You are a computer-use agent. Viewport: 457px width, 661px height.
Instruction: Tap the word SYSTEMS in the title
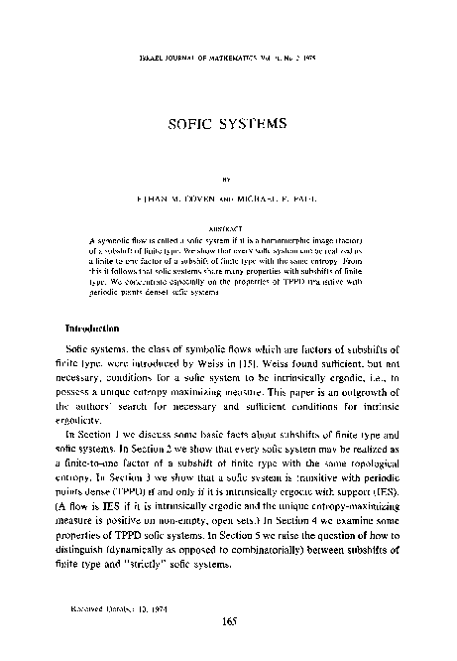(x=254, y=127)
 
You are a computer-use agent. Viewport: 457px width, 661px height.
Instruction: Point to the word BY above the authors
(x=227, y=181)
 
